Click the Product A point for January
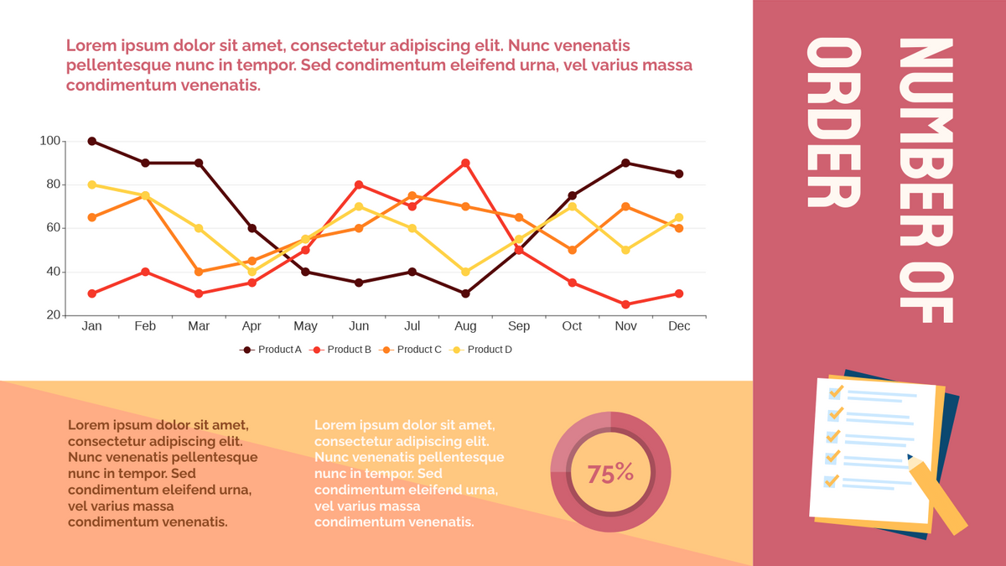tap(92, 141)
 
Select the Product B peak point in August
tap(465, 163)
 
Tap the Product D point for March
tap(199, 228)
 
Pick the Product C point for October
tap(572, 250)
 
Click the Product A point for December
tap(679, 174)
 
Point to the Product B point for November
tap(625, 304)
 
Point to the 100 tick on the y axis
tap(50, 141)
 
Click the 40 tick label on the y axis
tap(50, 272)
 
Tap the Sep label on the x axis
tap(519, 326)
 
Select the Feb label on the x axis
tap(145, 326)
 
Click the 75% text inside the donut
tap(610, 473)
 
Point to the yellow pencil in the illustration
tap(937, 495)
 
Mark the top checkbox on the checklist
tap(835, 392)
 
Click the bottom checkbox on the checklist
tap(831, 481)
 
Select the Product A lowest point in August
tap(465, 293)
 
